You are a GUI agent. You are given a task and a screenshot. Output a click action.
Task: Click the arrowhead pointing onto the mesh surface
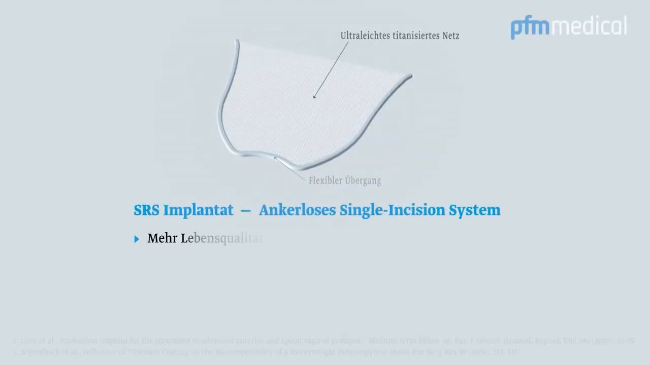tap(314, 97)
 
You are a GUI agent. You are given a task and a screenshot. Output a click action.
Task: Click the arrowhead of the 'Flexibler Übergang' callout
tap(276, 158)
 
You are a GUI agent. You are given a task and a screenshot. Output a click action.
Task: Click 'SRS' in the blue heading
tap(147, 210)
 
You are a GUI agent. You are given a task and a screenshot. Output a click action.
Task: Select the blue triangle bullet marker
tap(137, 239)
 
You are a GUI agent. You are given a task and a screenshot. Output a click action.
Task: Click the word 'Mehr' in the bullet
tap(161, 238)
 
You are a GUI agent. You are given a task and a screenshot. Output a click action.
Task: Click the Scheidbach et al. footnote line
tap(264, 352)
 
